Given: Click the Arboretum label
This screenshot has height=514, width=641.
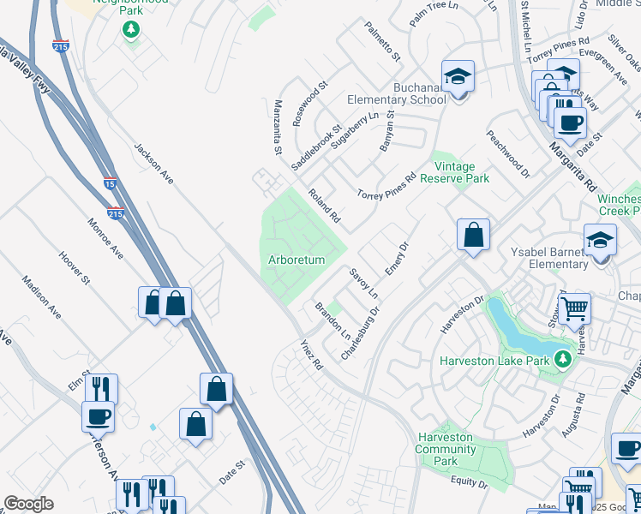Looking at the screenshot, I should [x=296, y=260].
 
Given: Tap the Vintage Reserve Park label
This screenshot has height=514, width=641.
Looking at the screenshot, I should [x=461, y=172].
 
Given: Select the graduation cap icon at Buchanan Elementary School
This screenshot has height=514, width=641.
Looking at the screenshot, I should [x=458, y=78].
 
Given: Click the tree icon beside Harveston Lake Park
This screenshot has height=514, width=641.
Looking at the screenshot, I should [x=562, y=360].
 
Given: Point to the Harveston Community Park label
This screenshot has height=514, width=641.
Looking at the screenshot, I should [x=445, y=449].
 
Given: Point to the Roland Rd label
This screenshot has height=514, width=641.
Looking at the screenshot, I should [x=324, y=206].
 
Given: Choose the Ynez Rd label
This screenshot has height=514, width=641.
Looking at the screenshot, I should [x=310, y=354].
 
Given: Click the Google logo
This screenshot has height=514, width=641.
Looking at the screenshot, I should [x=27, y=504].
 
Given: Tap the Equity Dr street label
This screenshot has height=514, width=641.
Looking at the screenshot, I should [x=470, y=485].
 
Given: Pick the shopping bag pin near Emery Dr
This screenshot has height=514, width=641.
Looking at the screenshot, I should [x=472, y=234].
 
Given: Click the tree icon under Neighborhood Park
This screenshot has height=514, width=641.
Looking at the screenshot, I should [x=130, y=31].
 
